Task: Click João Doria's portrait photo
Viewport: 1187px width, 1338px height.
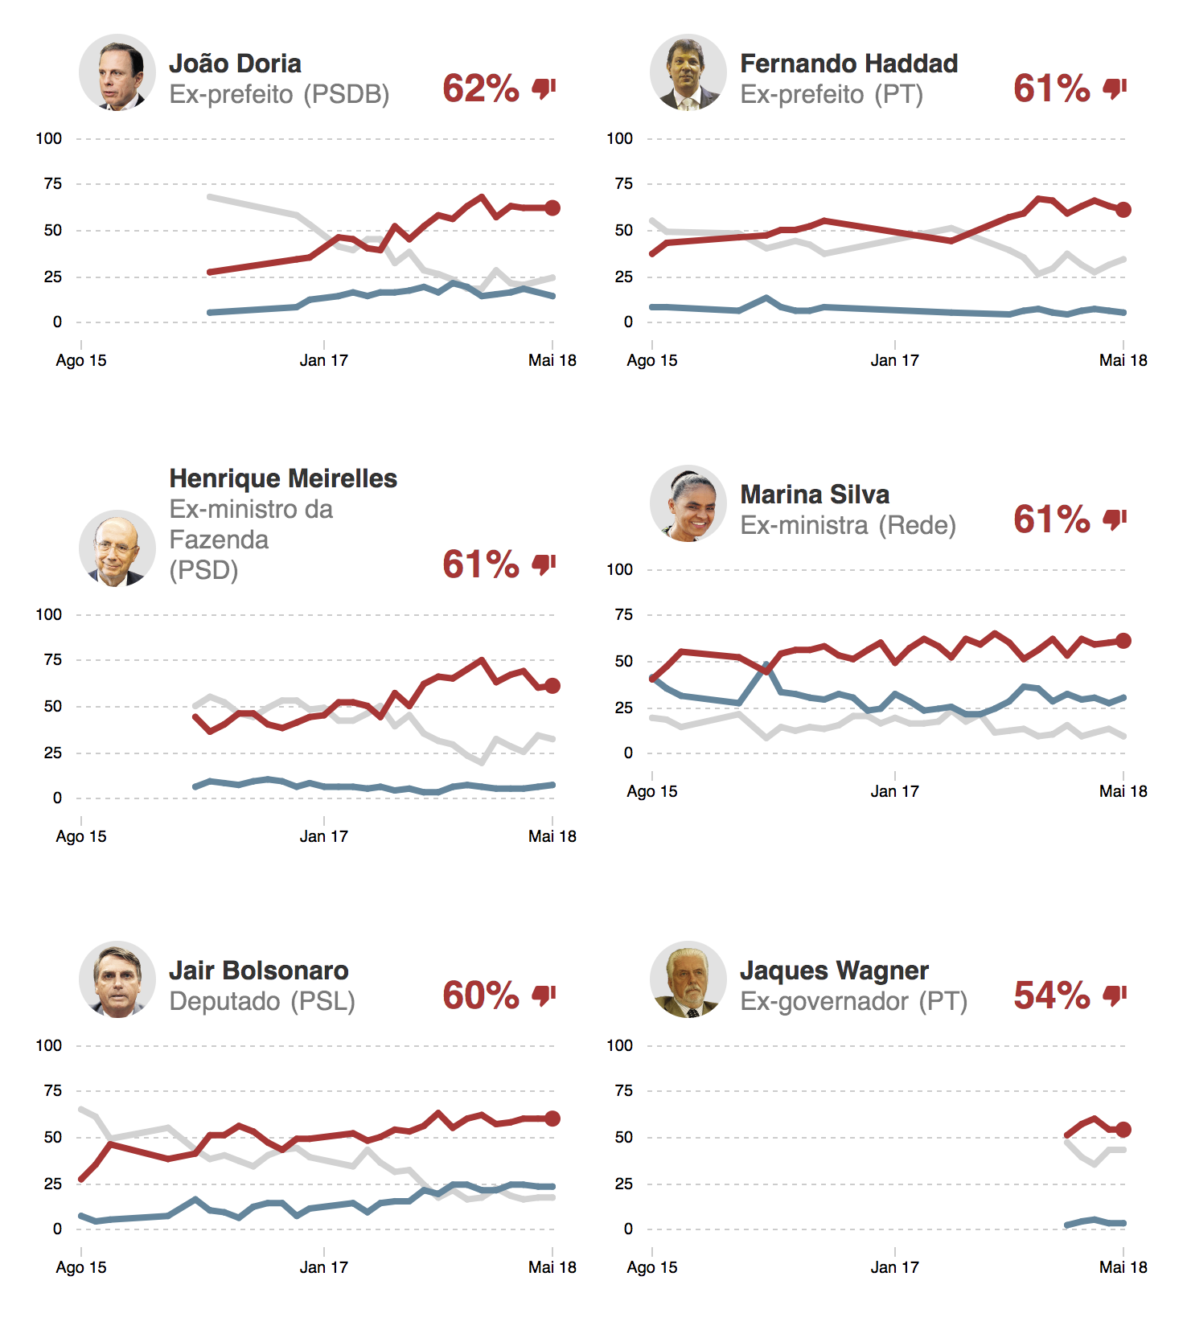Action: (x=117, y=72)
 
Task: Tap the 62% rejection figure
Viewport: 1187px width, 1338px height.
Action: (x=481, y=88)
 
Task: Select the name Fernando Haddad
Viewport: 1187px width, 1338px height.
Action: (x=848, y=64)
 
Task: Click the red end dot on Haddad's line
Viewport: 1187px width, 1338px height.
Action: (x=1123, y=210)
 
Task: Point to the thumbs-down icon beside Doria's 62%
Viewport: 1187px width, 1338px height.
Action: (x=544, y=88)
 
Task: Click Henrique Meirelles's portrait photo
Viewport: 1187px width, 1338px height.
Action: (x=117, y=548)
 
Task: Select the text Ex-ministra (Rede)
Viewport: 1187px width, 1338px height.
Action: (x=848, y=525)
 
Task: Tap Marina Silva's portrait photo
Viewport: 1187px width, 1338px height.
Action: (x=688, y=503)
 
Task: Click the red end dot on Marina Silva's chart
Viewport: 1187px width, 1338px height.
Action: (x=1123, y=641)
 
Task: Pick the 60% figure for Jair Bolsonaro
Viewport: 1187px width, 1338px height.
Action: (x=481, y=995)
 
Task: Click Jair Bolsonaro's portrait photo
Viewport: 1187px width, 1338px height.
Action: (x=117, y=979)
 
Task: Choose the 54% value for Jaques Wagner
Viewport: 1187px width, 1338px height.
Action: (x=1052, y=995)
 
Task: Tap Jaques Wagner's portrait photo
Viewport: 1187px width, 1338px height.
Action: (x=688, y=979)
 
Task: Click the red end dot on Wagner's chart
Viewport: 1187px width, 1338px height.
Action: (x=1123, y=1130)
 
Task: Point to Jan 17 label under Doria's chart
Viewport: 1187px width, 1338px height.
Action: (x=324, y=360)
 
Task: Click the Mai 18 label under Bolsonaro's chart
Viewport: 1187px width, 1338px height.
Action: (x=552, y=1267)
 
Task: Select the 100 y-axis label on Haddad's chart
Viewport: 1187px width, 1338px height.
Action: (x=619, y=138)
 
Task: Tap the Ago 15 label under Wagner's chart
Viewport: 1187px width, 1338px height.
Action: (x=652, y=1267)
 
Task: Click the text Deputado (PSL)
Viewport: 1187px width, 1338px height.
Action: (x=262, y=1001)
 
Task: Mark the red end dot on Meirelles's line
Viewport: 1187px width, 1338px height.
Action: (x=552, y=686)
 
